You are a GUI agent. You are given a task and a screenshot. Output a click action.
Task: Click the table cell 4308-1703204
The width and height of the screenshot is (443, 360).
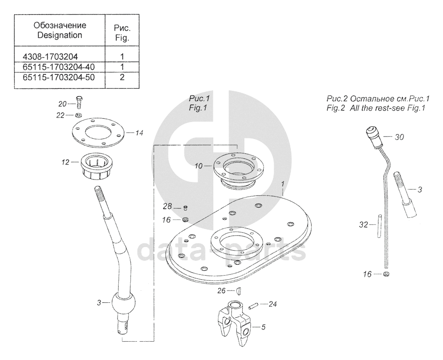click(51, 56)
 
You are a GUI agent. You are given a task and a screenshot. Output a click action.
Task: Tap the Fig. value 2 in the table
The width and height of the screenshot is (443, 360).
click(122, 77)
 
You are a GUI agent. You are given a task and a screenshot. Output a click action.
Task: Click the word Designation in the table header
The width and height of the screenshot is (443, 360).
click(59, 35)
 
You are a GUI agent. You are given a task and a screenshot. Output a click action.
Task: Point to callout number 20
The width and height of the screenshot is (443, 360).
click(63, 104)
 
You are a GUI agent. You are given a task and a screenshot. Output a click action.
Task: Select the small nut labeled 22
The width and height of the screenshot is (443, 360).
click(79, 115)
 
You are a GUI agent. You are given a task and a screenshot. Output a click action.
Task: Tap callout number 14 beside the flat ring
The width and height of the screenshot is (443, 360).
click(139, 133)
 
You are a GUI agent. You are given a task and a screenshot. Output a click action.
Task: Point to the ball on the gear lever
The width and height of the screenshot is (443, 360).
click(123, 304)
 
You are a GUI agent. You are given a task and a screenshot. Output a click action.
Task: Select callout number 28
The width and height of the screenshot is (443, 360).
click(167, 207)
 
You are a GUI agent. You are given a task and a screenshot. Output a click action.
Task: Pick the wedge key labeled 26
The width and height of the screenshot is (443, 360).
click(239, 291)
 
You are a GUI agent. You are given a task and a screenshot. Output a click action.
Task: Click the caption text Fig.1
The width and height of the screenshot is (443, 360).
click(198, 108)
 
